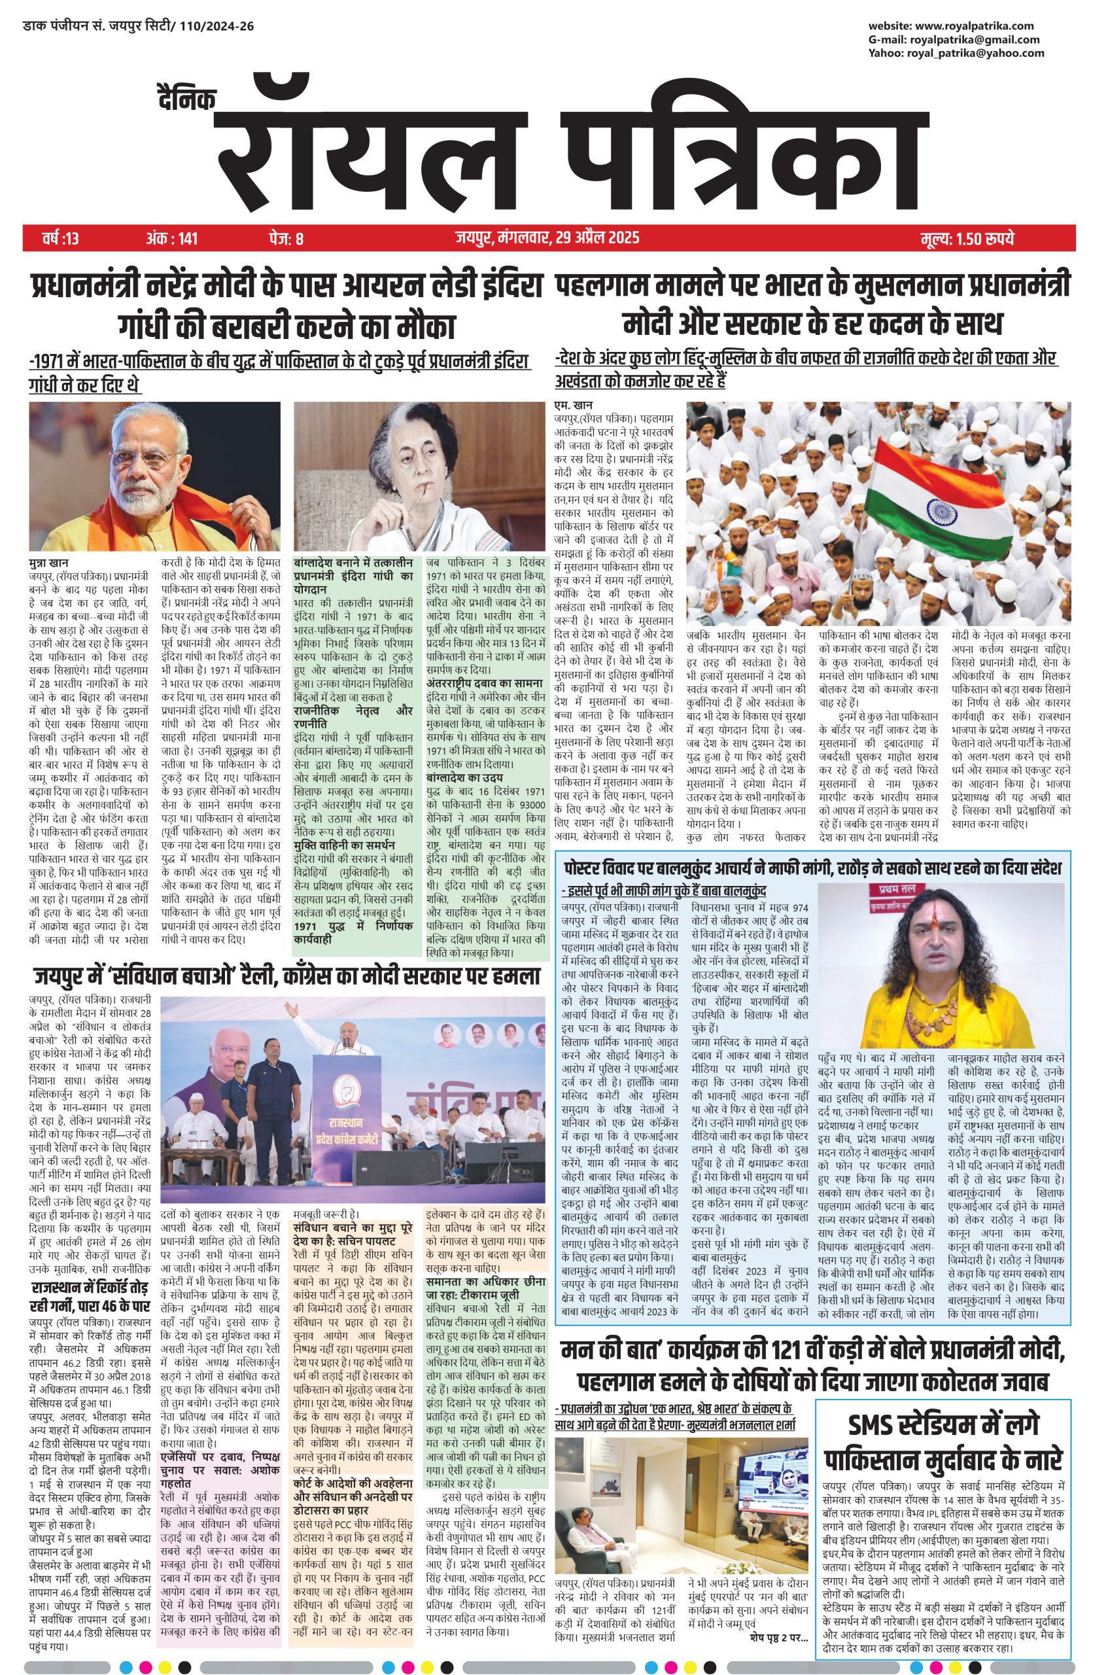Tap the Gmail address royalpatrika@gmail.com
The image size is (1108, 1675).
[984, 39]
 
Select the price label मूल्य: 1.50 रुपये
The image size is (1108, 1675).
[967, 238]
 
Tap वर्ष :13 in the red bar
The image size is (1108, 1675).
[61, 238]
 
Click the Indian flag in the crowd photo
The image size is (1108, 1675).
[926, 495]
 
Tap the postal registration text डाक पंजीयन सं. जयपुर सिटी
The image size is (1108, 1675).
[139, 27]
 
